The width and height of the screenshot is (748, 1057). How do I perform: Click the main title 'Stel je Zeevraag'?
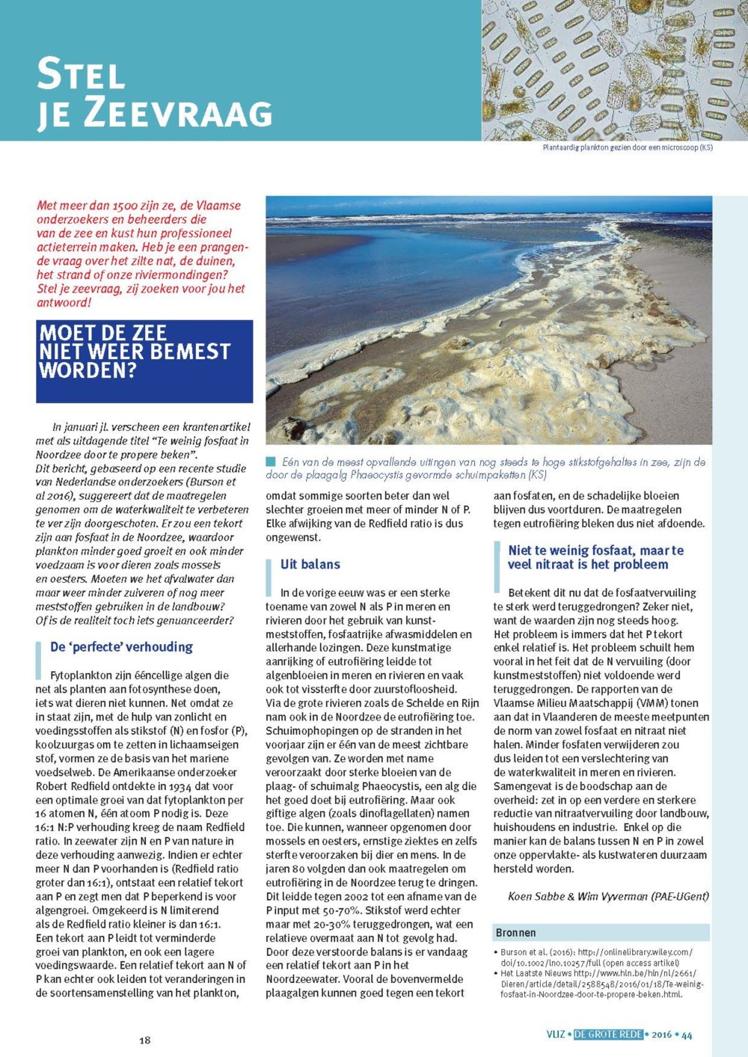pyautogui.click(x=154, y=93)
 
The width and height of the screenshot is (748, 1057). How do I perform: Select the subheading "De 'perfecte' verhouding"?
pyautogui.click(x=121, y=646)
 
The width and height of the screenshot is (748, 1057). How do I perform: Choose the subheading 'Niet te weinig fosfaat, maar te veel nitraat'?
pyautogui.click(x=595, y=557)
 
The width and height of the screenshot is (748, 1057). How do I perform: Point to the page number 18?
pyautogui.click(x=144, y=1039)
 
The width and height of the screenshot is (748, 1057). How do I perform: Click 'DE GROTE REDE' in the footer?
pyautogui.click(x=608, y=1035)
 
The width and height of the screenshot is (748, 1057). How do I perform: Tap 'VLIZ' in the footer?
pyautogui.click(x=556, y=1035)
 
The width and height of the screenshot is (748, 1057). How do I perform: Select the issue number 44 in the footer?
pyautogui.click(x=687, y=1035)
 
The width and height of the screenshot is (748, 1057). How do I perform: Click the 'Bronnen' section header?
pyautogui.click(x=516, y=933)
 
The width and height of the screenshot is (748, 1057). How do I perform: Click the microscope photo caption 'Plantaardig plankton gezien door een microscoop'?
pyautogui.click(x=627, y=148)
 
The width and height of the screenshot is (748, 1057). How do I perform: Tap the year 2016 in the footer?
pyautogui.click(x=661, y=1035)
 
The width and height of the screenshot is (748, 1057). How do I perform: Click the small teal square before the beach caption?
pyautogui.click(x=271, y=462)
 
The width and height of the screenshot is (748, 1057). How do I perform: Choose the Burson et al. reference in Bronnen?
pyautogui.click(x=595, y=958)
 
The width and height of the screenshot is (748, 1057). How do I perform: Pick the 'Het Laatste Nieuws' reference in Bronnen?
pyautogui.click(x=595, y=984)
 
